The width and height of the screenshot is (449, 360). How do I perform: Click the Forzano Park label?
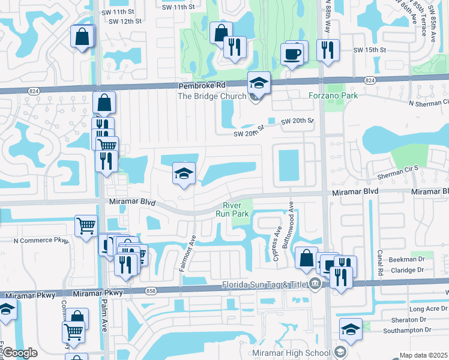tap(333, 95)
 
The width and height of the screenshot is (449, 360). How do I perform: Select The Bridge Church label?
tap(212, 96)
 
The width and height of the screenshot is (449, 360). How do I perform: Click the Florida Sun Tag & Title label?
tap(264, 284)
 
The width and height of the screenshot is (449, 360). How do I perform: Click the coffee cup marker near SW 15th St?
tap(292, 55)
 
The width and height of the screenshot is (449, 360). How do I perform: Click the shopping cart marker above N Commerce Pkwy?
tap(86, 227)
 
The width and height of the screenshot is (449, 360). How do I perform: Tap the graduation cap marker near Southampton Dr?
tap(351, 329)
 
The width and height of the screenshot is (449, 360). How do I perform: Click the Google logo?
tap(20, 353)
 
